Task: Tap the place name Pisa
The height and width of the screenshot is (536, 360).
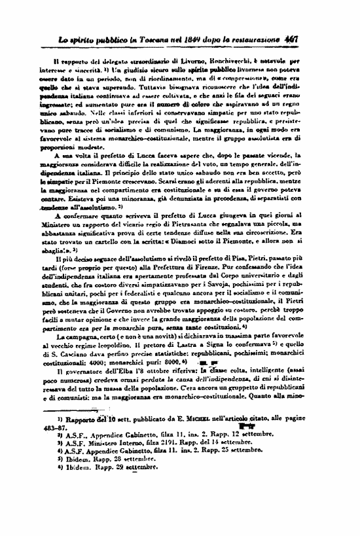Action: pos(245,249)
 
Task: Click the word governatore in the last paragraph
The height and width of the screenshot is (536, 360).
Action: pos(84,368)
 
